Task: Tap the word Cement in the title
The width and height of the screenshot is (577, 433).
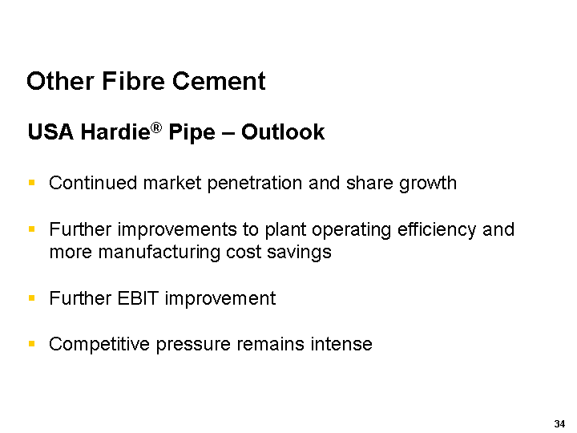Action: pos(219,81)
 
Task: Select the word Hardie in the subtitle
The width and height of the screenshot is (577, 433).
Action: pos(115,132)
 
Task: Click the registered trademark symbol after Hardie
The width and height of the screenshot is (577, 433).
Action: pos(156,128)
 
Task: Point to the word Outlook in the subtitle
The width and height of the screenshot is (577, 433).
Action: pos(283,132)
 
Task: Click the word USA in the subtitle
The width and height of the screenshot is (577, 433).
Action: pos(50,132)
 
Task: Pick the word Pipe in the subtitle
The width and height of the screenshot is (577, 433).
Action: pos(192,132)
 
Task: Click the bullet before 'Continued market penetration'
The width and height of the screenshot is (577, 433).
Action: pos(31,182)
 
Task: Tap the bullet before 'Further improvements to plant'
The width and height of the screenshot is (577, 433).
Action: pos(31,229)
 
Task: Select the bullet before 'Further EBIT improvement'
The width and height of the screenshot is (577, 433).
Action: pos(31,297)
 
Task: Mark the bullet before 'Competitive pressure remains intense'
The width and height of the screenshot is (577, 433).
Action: pos(31,344)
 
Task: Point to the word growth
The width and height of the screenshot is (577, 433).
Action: pos(428,184)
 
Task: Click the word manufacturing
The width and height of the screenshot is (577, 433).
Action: pos(159,253)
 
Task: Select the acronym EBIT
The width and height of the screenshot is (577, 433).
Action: pos(138,298)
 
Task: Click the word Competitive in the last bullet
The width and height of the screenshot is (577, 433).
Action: pos(99,345)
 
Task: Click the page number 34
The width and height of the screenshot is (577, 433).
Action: pos(559,424)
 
